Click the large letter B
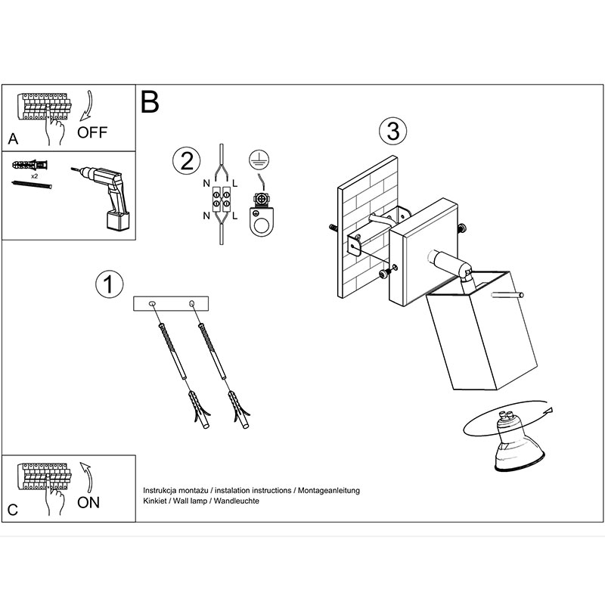(x=150, y=102)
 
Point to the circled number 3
(x=392, y=131)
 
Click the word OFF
(x=93, y=133)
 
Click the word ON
(x=89, y=502)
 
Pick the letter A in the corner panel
(x=11, y=139)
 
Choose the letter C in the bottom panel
(x=12, y=510)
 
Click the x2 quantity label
(x=35, y=175)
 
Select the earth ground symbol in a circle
(x=258, y=159)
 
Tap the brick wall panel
(x=367, y=227)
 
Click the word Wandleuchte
(x=237, y=501)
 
